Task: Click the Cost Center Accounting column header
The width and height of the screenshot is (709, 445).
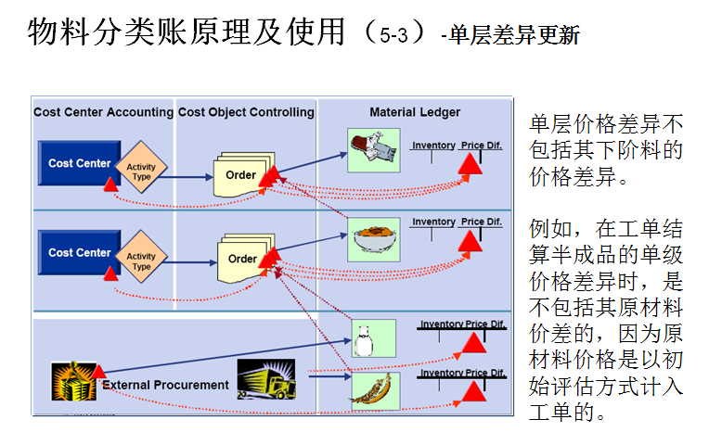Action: click(x=103, y=112)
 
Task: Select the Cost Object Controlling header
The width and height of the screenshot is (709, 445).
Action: click(x=246, y=112)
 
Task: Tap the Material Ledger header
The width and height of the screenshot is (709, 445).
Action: click(x=415, y=112)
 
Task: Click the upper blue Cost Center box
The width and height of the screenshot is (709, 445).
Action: click(x=80, y=163)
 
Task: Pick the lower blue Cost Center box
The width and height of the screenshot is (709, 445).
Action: click(x=80, y=252)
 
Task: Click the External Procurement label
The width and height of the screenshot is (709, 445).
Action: click(x=165, y=385)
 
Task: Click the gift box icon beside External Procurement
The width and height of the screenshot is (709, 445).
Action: click(x=73, y=381)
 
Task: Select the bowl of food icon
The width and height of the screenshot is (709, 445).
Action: click(x=373, y=239)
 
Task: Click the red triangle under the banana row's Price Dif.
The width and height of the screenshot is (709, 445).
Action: click(x=474, y=391)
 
